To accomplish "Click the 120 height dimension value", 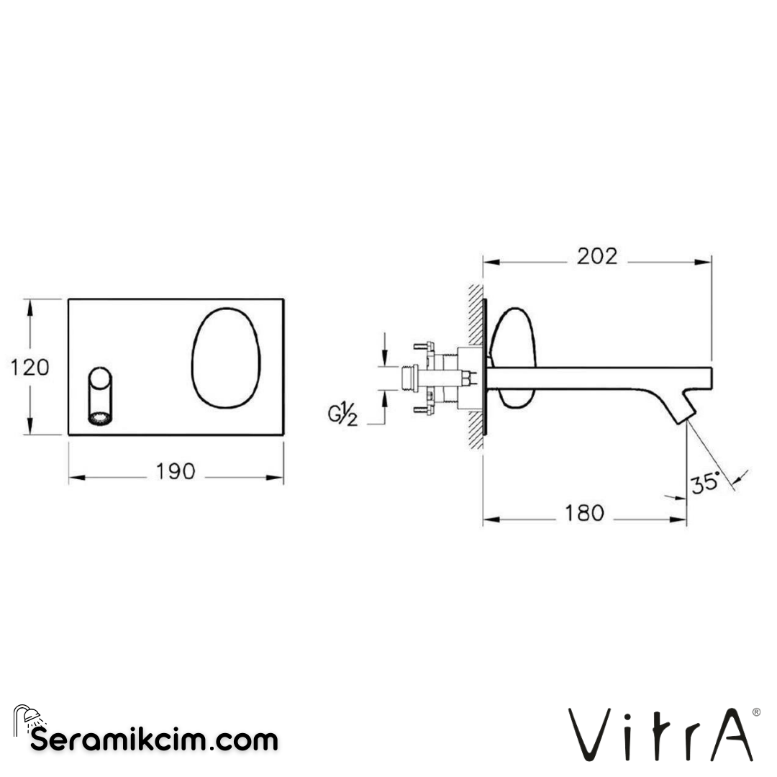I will [30, 367].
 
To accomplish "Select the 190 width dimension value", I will [176, 472].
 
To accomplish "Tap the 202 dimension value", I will [596, 256].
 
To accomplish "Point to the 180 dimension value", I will [583, 513].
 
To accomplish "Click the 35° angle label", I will [705, 483].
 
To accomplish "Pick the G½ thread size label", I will [344, 415].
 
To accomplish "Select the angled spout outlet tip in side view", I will [687, 407].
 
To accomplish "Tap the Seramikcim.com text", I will [154, 739].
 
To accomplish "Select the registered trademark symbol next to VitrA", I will [755, 712].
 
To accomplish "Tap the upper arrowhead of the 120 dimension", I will [29, 306].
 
